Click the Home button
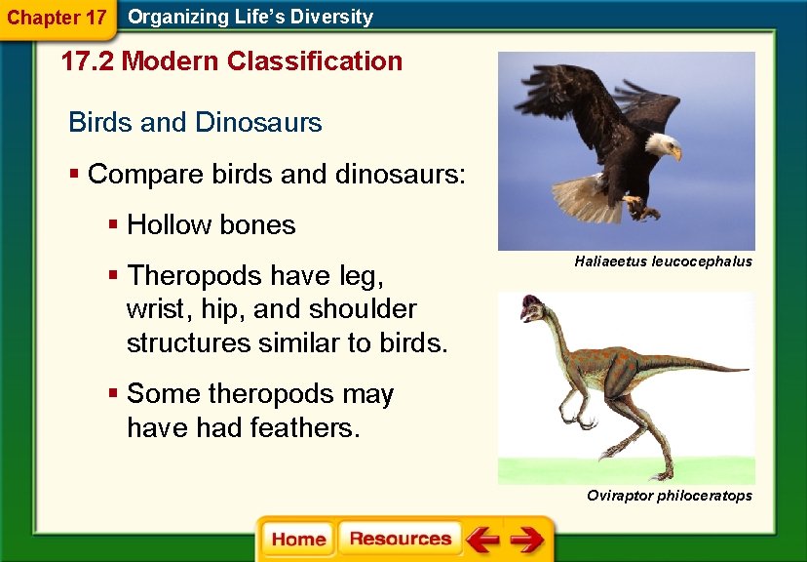298,539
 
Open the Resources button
400,539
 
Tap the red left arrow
481,539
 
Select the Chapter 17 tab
57,17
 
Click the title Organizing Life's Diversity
250,17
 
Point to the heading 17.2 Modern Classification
231,61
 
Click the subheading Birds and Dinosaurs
195,123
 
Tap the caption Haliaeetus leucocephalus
663,262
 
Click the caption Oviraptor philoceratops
669,497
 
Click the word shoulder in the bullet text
363,309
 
